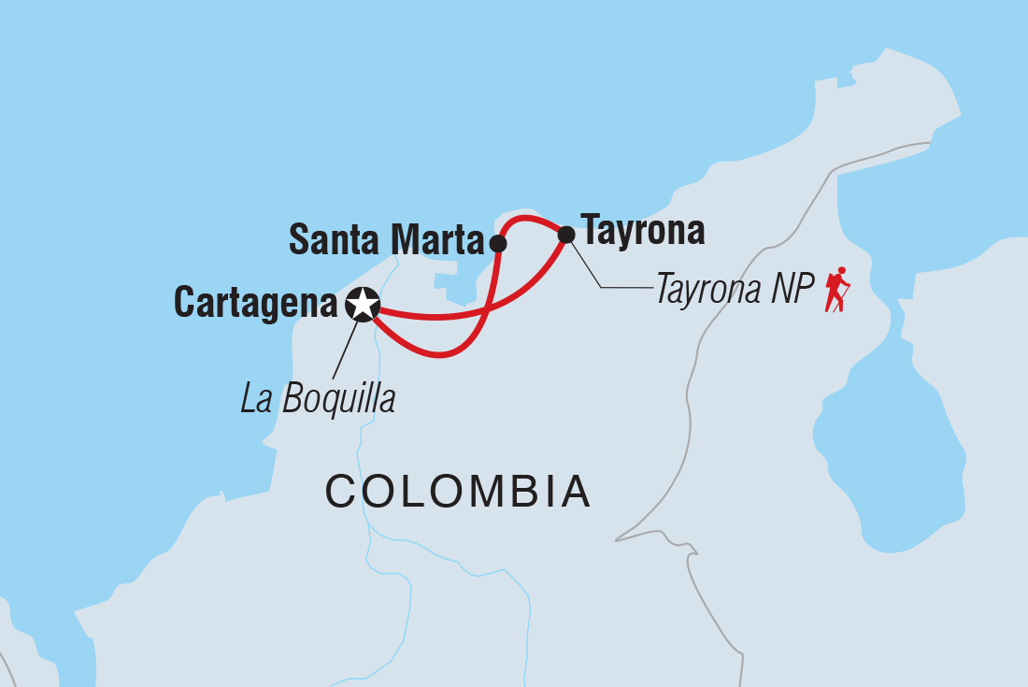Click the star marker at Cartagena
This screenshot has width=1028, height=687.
click(x=363, y=304)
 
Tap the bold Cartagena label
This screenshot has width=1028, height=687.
click(x=255, y=304)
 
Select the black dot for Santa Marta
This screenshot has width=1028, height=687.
click(x=498, y=244)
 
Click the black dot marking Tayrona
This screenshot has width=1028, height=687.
click(x=566, y=235)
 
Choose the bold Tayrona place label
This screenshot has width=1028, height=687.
click(x=642, y=230)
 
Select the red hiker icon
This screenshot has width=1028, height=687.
click(x=836, y=289)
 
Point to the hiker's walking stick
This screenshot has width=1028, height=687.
click(x=847, y=298)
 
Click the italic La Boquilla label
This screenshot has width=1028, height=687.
click(x=318, y=399)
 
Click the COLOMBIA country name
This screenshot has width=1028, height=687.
click(x=458, y=491)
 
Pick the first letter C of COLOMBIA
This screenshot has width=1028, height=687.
click(x=338, y=491)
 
